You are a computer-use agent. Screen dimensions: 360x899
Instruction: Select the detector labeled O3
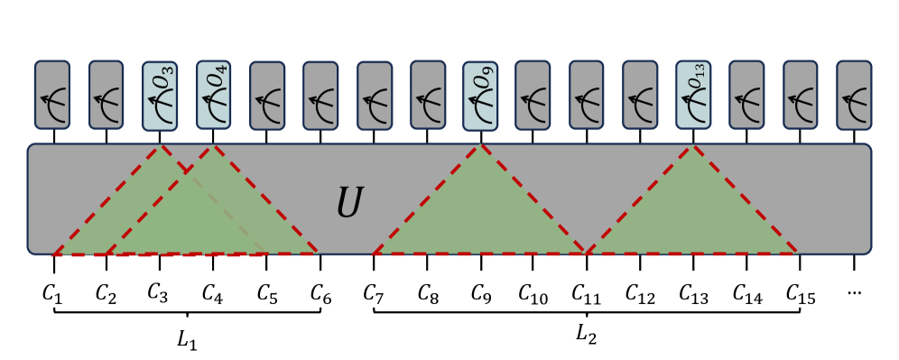pyautogui.click(x=159, y=95)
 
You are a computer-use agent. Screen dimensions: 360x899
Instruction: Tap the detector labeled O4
pyautogui.click(x=213, y=95)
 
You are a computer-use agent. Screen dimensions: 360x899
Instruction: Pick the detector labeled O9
pyautogui.click(x=479, y=95)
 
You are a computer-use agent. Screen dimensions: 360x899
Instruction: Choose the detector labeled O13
pyautogui.click(x=693, y=95)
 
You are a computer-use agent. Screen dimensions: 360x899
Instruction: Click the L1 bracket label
pyautogui.click(x=188, y=343)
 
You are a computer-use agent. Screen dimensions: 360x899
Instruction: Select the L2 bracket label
pyautogui.click(x=586, y=336)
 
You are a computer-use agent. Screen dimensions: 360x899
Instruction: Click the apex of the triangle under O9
pyautogui.click(x=479, y=146)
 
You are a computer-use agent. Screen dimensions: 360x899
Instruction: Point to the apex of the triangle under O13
pyautogui.click(x=692, y=146)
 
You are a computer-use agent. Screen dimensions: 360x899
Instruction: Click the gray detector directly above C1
pyautogui.click(x=52, y=95)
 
